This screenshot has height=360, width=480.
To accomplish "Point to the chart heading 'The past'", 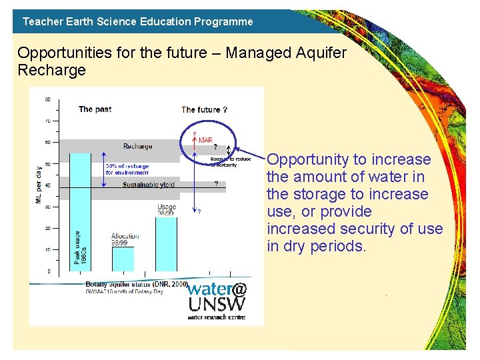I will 95,109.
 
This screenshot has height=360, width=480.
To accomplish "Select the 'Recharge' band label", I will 137,146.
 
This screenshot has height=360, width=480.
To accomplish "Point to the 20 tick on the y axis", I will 47,228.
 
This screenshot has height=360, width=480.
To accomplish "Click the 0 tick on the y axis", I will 48,271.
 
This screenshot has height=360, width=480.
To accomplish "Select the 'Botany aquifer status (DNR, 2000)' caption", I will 136,284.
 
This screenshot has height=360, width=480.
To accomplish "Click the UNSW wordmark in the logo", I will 217,305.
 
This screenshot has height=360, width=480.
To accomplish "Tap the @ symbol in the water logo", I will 239,289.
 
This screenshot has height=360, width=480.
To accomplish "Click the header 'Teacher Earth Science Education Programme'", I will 138,21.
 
